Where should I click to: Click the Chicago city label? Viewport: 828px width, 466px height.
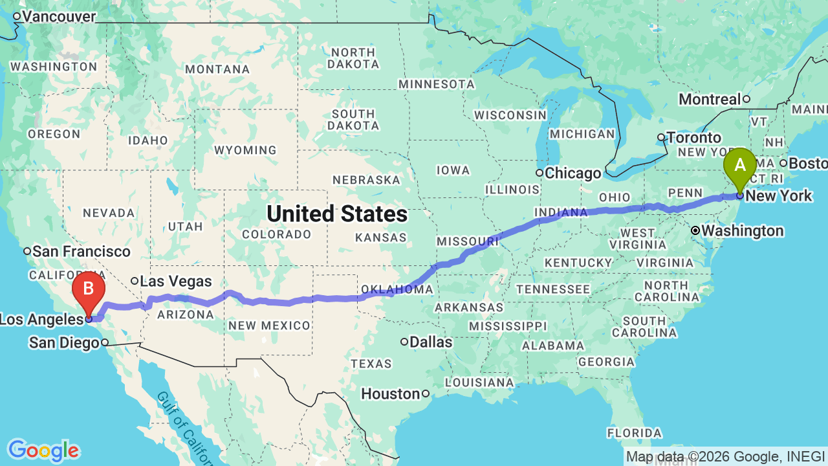tap(572, 173)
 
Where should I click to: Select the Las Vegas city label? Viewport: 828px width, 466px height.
tap(175, 281)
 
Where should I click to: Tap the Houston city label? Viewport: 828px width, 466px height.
tap(390, 394)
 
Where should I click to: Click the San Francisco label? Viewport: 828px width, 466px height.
tap(82, 251)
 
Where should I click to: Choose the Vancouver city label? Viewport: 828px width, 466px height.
tap(56, 16)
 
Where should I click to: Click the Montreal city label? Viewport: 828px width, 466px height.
tap(710, 99)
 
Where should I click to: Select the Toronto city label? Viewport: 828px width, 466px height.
tap(693, 137)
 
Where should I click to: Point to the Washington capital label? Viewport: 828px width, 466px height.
tap(742, 230)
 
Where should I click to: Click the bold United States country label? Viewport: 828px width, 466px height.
tap(337, 214)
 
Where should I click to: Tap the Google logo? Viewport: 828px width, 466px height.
tap(43, 450)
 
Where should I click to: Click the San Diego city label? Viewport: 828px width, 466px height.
tap(64, 343)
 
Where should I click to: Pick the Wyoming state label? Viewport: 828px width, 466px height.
tap(245, 150)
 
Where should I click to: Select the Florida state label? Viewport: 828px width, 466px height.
tap(635, 432)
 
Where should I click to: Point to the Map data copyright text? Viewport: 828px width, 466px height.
tap(725, 456)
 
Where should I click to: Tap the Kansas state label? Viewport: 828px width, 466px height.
tap(380, 238)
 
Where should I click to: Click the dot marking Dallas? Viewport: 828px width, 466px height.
tap(404, 342)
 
